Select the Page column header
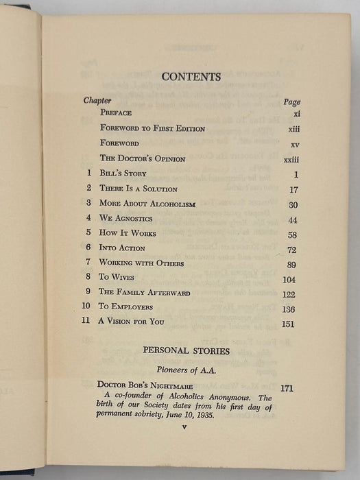(x=291, y=101)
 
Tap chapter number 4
(x=88, y=218)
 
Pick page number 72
(x=289, y=249)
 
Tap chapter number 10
(x=86, y=307)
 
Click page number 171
(x=287, y=388)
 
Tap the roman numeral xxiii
(x=291, y=159)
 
